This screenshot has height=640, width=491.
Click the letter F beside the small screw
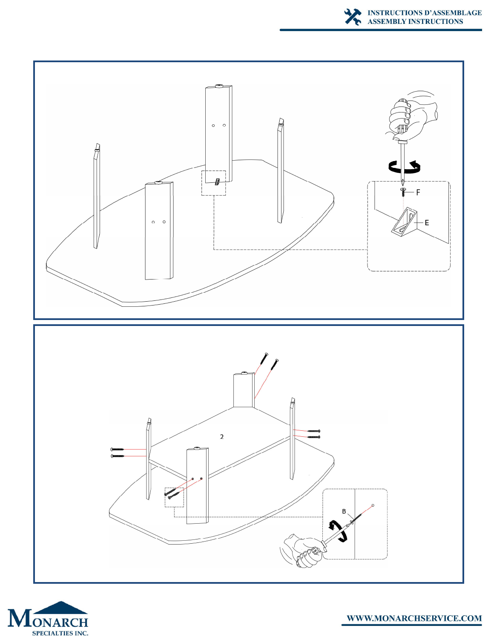[x=418, y=193]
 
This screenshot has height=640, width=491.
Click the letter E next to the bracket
[x=427, y=223]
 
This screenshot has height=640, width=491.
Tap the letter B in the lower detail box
[x=344, y=511]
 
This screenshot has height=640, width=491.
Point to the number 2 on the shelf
[x=222, y=436]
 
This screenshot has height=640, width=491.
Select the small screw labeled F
[x=403, y=192]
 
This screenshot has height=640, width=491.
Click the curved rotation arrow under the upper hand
[x=404, y=167]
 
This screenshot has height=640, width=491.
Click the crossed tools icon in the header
[x=353, y=17]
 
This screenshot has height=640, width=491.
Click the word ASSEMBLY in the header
[x=387, y=21]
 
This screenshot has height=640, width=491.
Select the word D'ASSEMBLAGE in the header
[x=452, y=13]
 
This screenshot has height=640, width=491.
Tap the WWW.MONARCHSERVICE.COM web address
[x=414, y=618]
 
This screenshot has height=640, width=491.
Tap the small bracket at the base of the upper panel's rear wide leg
[x=217, y=182]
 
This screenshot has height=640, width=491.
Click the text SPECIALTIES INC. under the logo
[x=60, y=633]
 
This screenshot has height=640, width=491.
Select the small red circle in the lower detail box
[x=373, y=505]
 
